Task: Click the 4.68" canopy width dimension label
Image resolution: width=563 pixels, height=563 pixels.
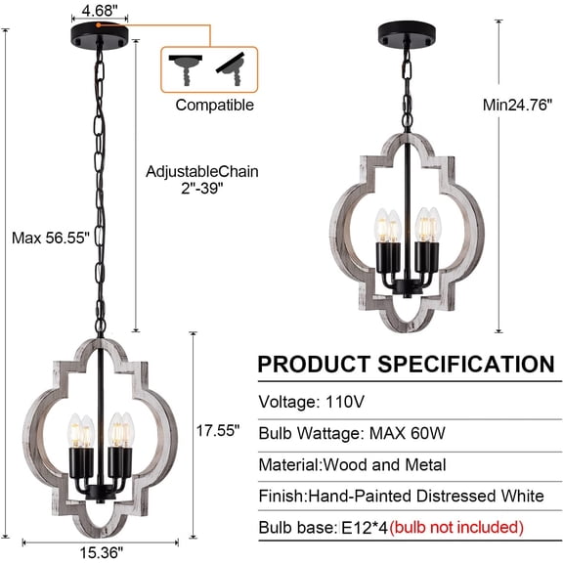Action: click(100, 10)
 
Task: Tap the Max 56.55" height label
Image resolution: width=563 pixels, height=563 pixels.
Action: click(51, 238)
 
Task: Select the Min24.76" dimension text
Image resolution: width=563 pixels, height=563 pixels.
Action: click(517, 105)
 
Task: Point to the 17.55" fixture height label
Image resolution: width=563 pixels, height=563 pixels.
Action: click(218, 430)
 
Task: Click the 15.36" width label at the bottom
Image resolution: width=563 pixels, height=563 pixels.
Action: click(101, 552)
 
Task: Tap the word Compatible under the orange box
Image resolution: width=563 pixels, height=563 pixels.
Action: click(215, 105)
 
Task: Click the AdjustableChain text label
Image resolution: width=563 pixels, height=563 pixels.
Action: click(202, 171)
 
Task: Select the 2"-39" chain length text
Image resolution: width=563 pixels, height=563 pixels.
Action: click(202, 188)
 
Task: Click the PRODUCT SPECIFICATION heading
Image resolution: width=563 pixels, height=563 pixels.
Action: click(406, 364)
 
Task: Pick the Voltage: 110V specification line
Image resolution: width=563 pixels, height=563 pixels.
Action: click(311, 402)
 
